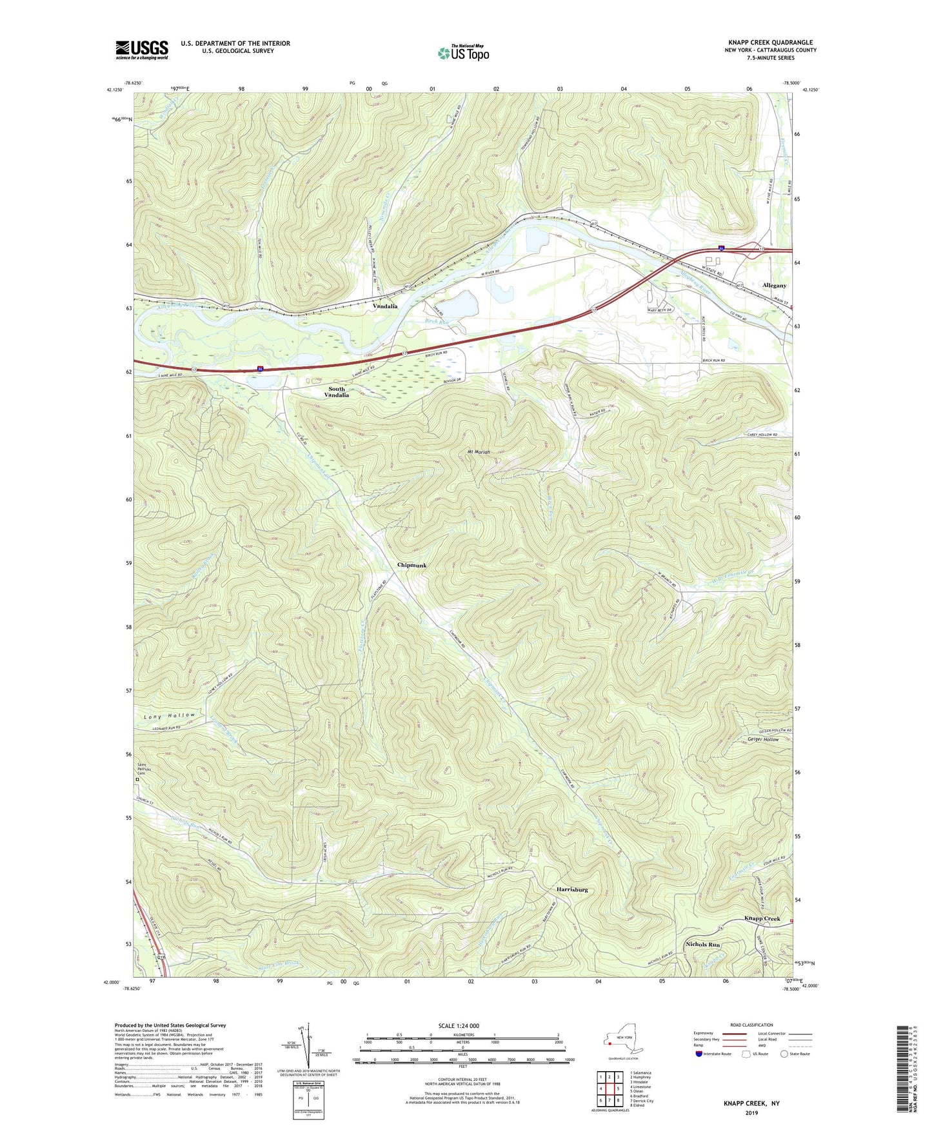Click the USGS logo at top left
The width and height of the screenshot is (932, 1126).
point(142,50)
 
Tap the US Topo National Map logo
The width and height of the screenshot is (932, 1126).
point(463,52)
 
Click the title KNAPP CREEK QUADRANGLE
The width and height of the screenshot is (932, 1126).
point(770,43)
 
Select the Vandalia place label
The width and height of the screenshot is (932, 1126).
point(385,306)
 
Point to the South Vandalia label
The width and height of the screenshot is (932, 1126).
point(337,392)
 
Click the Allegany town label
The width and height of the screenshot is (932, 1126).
point(774,285)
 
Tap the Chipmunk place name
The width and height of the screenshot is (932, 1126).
point(411,566)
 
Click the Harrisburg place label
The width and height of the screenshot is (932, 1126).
point(571,889)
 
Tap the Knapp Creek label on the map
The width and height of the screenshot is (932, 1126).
point(762,918)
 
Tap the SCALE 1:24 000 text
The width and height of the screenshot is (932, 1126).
point(463,1025)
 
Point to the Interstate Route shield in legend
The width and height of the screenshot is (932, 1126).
point(700,1054)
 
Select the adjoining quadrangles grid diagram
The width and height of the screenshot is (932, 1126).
point(609,1089)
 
